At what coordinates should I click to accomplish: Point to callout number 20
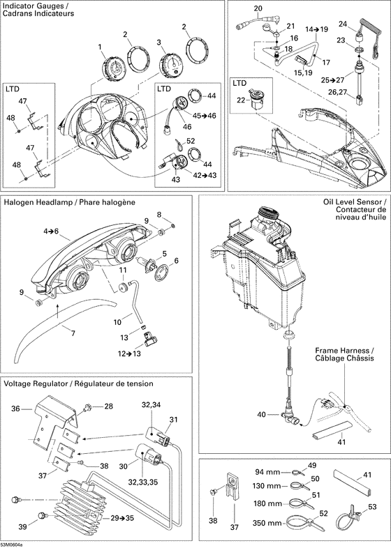(257, 9)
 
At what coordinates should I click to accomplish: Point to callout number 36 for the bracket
(14, 410)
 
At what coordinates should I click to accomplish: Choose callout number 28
(108, 406)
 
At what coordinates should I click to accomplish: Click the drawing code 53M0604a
(12, 544)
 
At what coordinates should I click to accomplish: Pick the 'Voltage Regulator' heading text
(36, 384)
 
